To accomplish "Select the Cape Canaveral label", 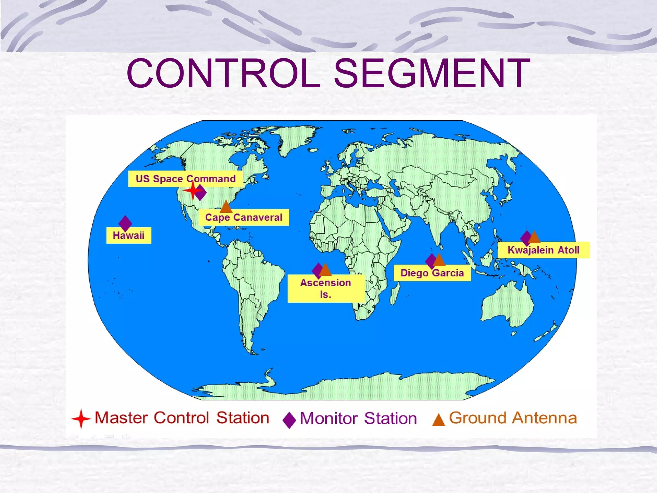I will click(x=244, y=218).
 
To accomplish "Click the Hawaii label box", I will click(x=129, y=236).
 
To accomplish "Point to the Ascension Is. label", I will click(x=326, y=289).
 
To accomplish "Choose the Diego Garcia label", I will click(x=432, y=273).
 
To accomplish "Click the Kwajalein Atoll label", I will click(x=543, y=250).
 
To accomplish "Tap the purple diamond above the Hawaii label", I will click(x=125, y=222).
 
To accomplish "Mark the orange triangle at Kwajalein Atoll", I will click(x=534, y=238).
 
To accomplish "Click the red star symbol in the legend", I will click(x=81, y=419).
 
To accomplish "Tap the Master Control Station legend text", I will click(x=182, y=418).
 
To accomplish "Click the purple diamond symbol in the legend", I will click(x=289, y=420).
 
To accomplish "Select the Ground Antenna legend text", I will click(x=513, y=418).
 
